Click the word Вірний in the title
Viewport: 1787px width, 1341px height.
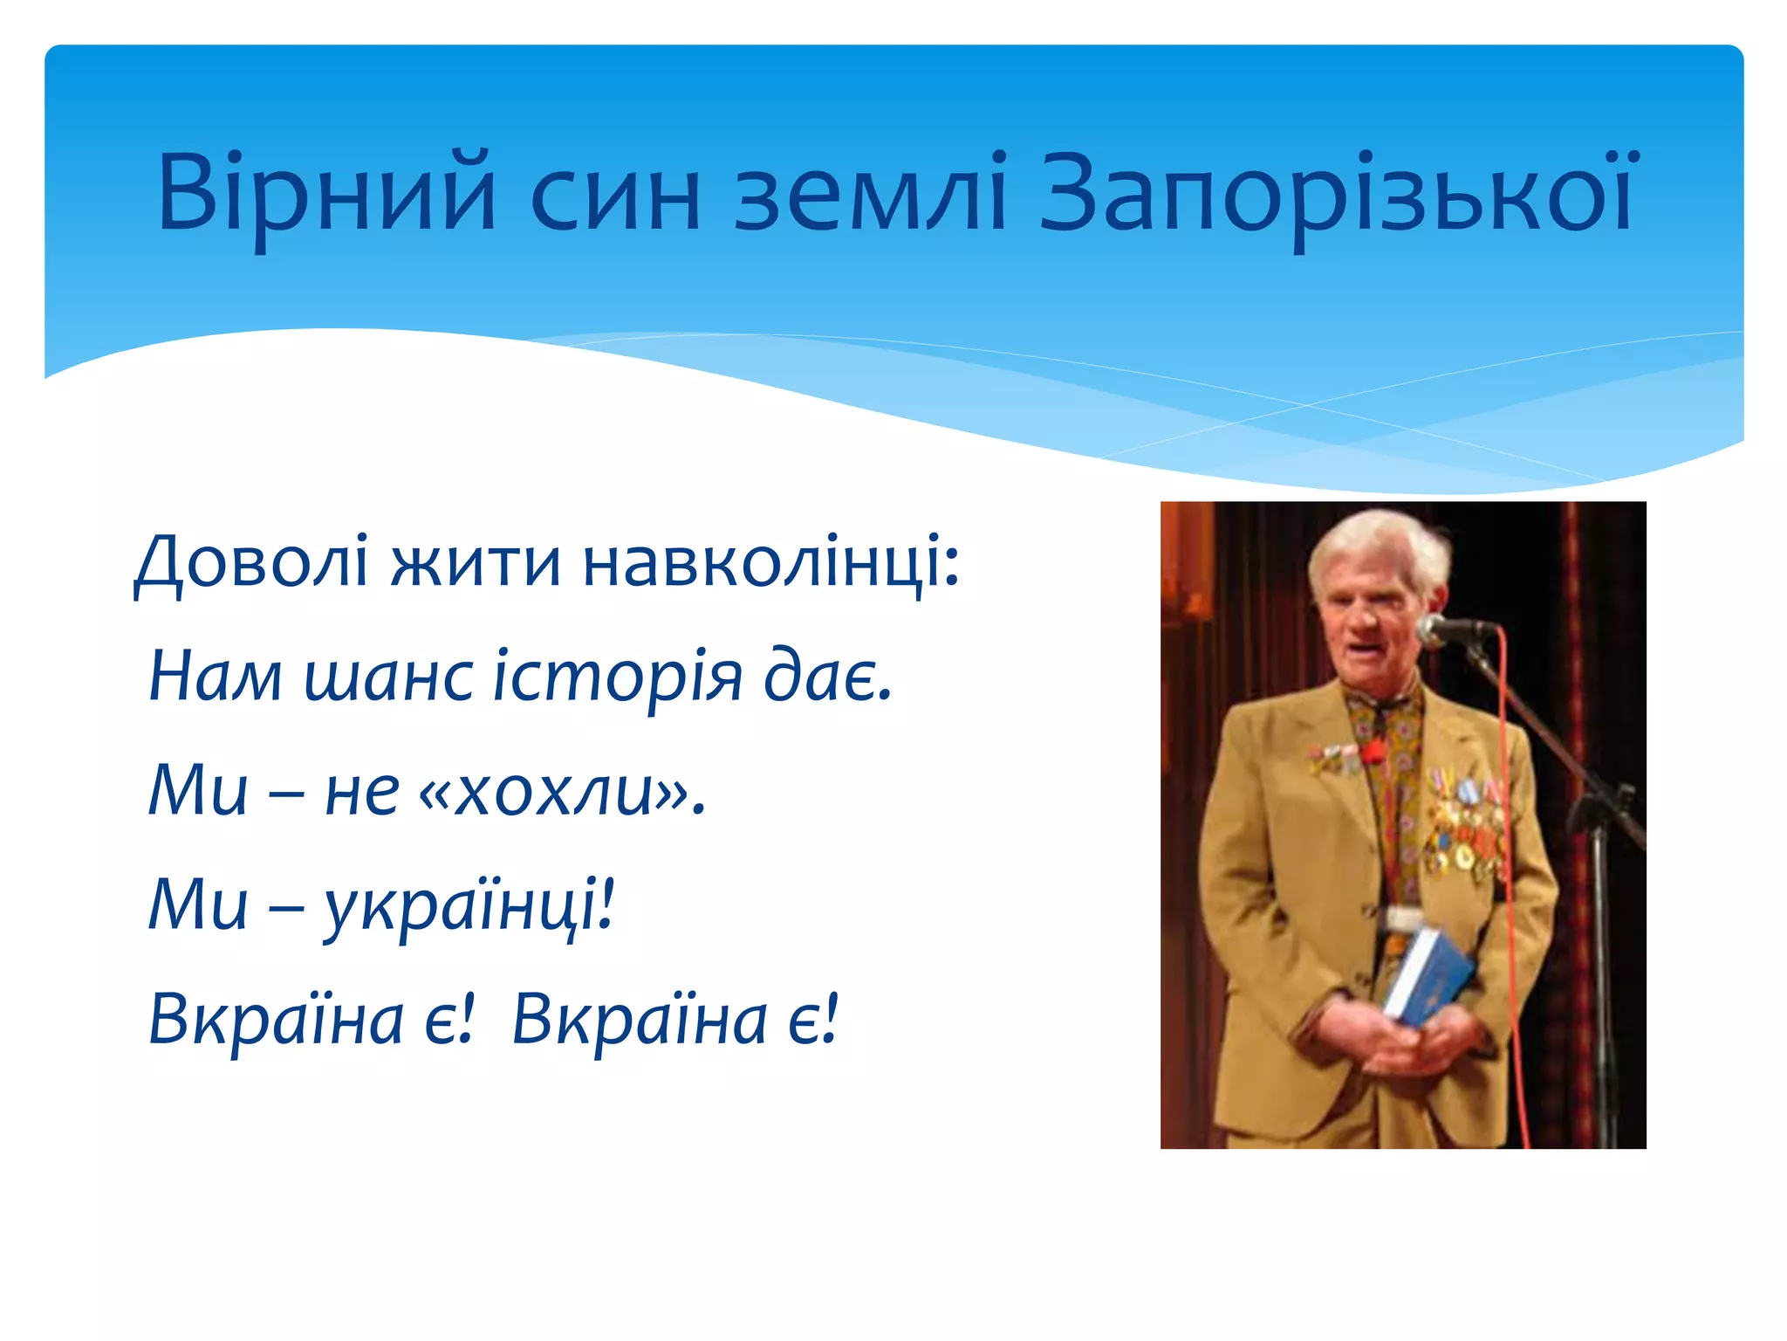pyautogui.click(x=326, y=194)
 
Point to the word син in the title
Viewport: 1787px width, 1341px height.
pyautogui.click(x=614, y=194)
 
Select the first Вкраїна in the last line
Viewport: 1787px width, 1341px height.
pyautogui.click(x=276, y=1020)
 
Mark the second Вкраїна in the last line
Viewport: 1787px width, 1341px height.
pyautogui.click(x=639, y=1020)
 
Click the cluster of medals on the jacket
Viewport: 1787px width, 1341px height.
pyautogui.click(x=1466, y=829)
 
